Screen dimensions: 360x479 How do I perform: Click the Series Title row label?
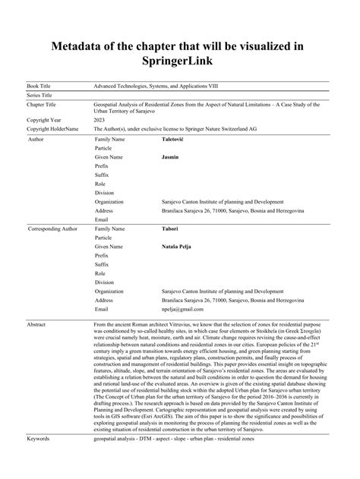pyautogui.click(x=44, y=96)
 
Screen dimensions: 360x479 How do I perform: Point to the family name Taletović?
pyautogui.click(x=177, y=140)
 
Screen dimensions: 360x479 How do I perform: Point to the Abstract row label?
pyautogui.click(x=39, y=324)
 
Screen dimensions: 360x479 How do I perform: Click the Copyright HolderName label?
pyautogui.click(x=52, y=130)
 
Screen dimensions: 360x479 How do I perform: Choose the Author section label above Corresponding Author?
pyautogui.click(x=36, y=140)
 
